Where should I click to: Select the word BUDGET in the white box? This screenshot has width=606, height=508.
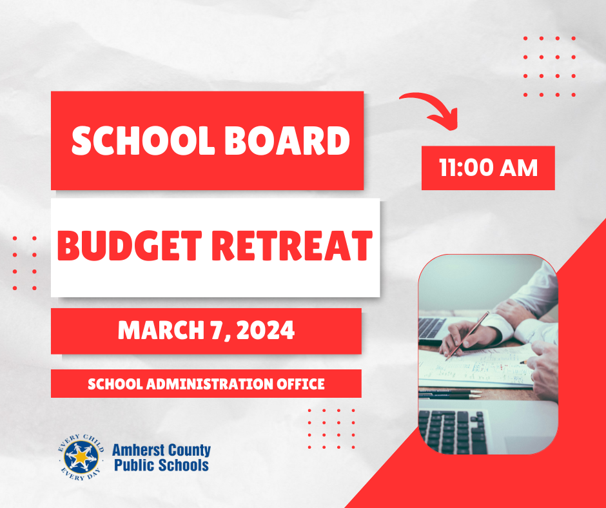coord(128,246)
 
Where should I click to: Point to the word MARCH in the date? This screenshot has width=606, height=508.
coord(153,331)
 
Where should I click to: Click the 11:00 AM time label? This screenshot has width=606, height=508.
coord(488,168)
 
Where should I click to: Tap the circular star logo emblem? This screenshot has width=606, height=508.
coord(81,457)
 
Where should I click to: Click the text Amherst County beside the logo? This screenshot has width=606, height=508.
coord(161,451)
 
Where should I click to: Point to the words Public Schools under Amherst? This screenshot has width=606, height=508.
coord(161,465)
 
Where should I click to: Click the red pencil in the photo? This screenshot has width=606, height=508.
coord(468,333)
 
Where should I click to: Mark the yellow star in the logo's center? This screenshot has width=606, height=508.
coord(81,457)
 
